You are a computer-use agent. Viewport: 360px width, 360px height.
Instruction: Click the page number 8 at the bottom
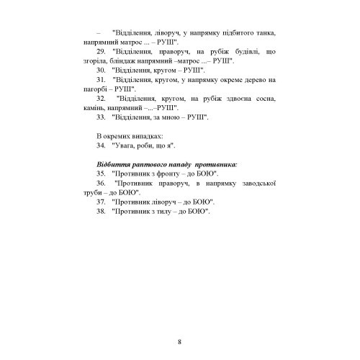tap(179, 320)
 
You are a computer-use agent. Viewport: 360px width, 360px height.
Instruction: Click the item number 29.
tap(100, 53)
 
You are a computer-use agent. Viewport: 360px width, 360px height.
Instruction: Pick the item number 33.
tap(100, 116)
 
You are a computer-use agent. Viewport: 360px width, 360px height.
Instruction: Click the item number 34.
tap(100, 145)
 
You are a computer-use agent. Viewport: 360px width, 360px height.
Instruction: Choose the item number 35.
tap(100, 174)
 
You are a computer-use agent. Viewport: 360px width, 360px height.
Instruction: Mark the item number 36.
tap(100, 184)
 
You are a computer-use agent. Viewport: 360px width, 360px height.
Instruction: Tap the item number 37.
tap(100, 204)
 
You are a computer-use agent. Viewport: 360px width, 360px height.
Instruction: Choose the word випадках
tap(148, 135)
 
